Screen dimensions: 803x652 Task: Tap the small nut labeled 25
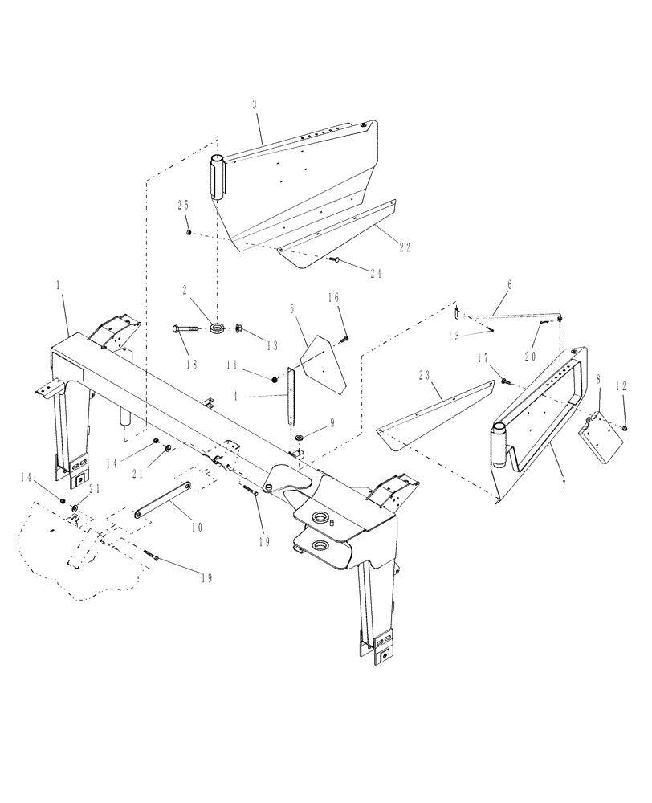tap(188, 233)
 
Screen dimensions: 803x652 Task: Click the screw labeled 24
tap(337, 259)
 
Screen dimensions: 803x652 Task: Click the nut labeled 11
tap(275, 376)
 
